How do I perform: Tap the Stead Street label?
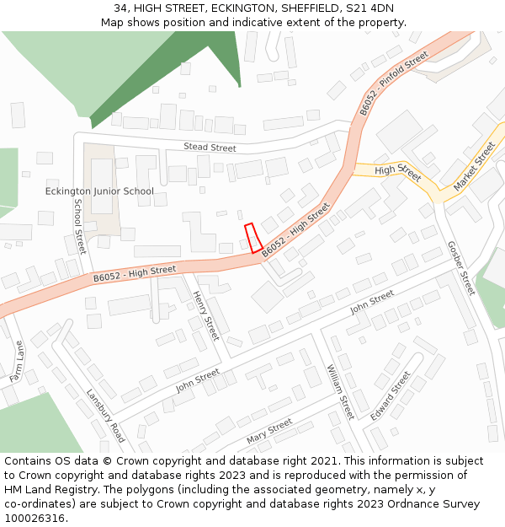(210, 148)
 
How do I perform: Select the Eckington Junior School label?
(99, 191)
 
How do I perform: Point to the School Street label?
(79, 226)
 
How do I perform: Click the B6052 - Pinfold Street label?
(393, 83)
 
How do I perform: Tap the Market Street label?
(475, 165)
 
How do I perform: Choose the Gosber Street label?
(461, 268)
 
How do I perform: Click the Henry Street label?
(206, 315)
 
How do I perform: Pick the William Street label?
(341, 392)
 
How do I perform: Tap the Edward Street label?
(391, 395)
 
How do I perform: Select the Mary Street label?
(269, 431)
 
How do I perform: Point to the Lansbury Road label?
(106, 415)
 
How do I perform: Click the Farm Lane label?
(19, 361)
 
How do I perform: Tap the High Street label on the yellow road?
(397, 171)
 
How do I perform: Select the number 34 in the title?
(121, 8)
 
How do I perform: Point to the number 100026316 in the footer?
(35, 519)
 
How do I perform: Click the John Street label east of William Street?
(372, 300)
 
